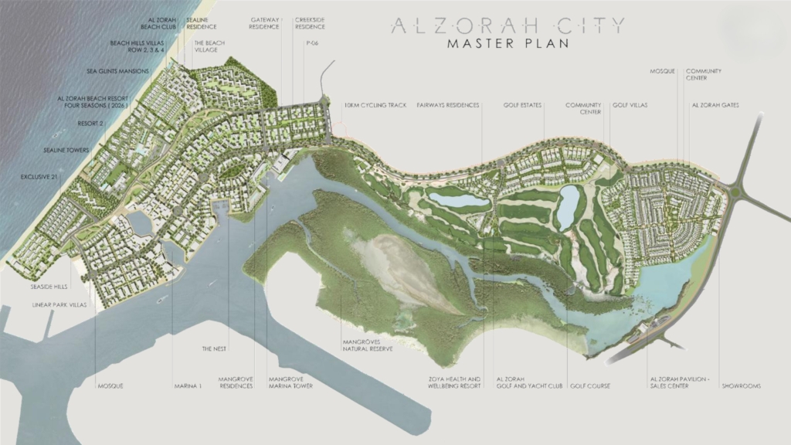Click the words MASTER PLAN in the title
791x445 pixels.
(x=508, y=43)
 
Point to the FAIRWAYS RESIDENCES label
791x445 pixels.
(x=448, y=105)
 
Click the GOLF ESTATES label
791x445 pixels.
(x=522, y=105)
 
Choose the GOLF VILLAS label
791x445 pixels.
(x=630, y=105)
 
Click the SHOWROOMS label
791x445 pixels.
(x=742, y=386)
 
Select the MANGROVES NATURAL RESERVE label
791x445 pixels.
(x=367, y=345)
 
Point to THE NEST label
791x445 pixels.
(x=213, y=348)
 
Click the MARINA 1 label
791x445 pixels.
(x=188, y=386)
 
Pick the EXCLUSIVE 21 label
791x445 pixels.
(x=36, y=176)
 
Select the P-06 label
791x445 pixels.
(x=312, y=43)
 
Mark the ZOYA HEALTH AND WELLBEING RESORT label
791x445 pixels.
(x=455, y=382)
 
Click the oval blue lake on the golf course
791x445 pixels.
(x=569, y=206)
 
